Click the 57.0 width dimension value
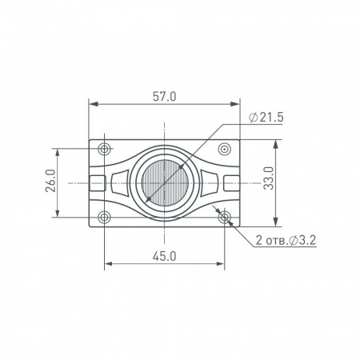click(x=165, y=97)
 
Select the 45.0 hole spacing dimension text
click(x=165, y=257)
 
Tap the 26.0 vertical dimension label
click(x=50, y=181)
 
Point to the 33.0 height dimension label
click(x=269, y=178)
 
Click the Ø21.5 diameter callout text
click(x=266, y=118)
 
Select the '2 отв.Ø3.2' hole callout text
click(x=286, y=240)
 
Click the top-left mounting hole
click(x=104, y=149)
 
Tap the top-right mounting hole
click(x=225, y=149)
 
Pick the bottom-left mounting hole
click(x=104, y=218)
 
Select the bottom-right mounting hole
click(x=225, y=218)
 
